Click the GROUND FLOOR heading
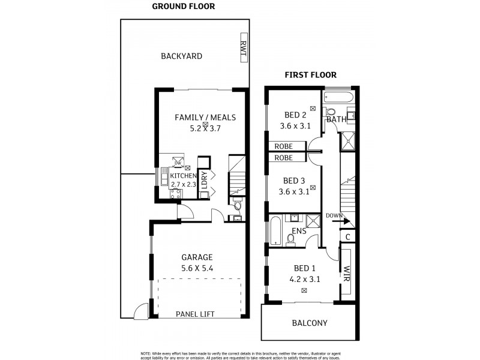tap(183, 7)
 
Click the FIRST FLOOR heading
tap(310, 75)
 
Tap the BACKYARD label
tap(181, 56)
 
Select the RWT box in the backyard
tap(243, 49)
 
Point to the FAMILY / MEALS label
tap(205, 117)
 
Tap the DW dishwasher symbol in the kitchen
tap(178, 163)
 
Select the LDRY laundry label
tap(204, 181)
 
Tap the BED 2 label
tap(295, 115)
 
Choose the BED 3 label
tap(295, 181)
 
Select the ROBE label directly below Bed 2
tap(284, 146)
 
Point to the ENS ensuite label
tap(299, 230)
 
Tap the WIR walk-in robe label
tap(346, 274)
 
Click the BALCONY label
tap(309, 323)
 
